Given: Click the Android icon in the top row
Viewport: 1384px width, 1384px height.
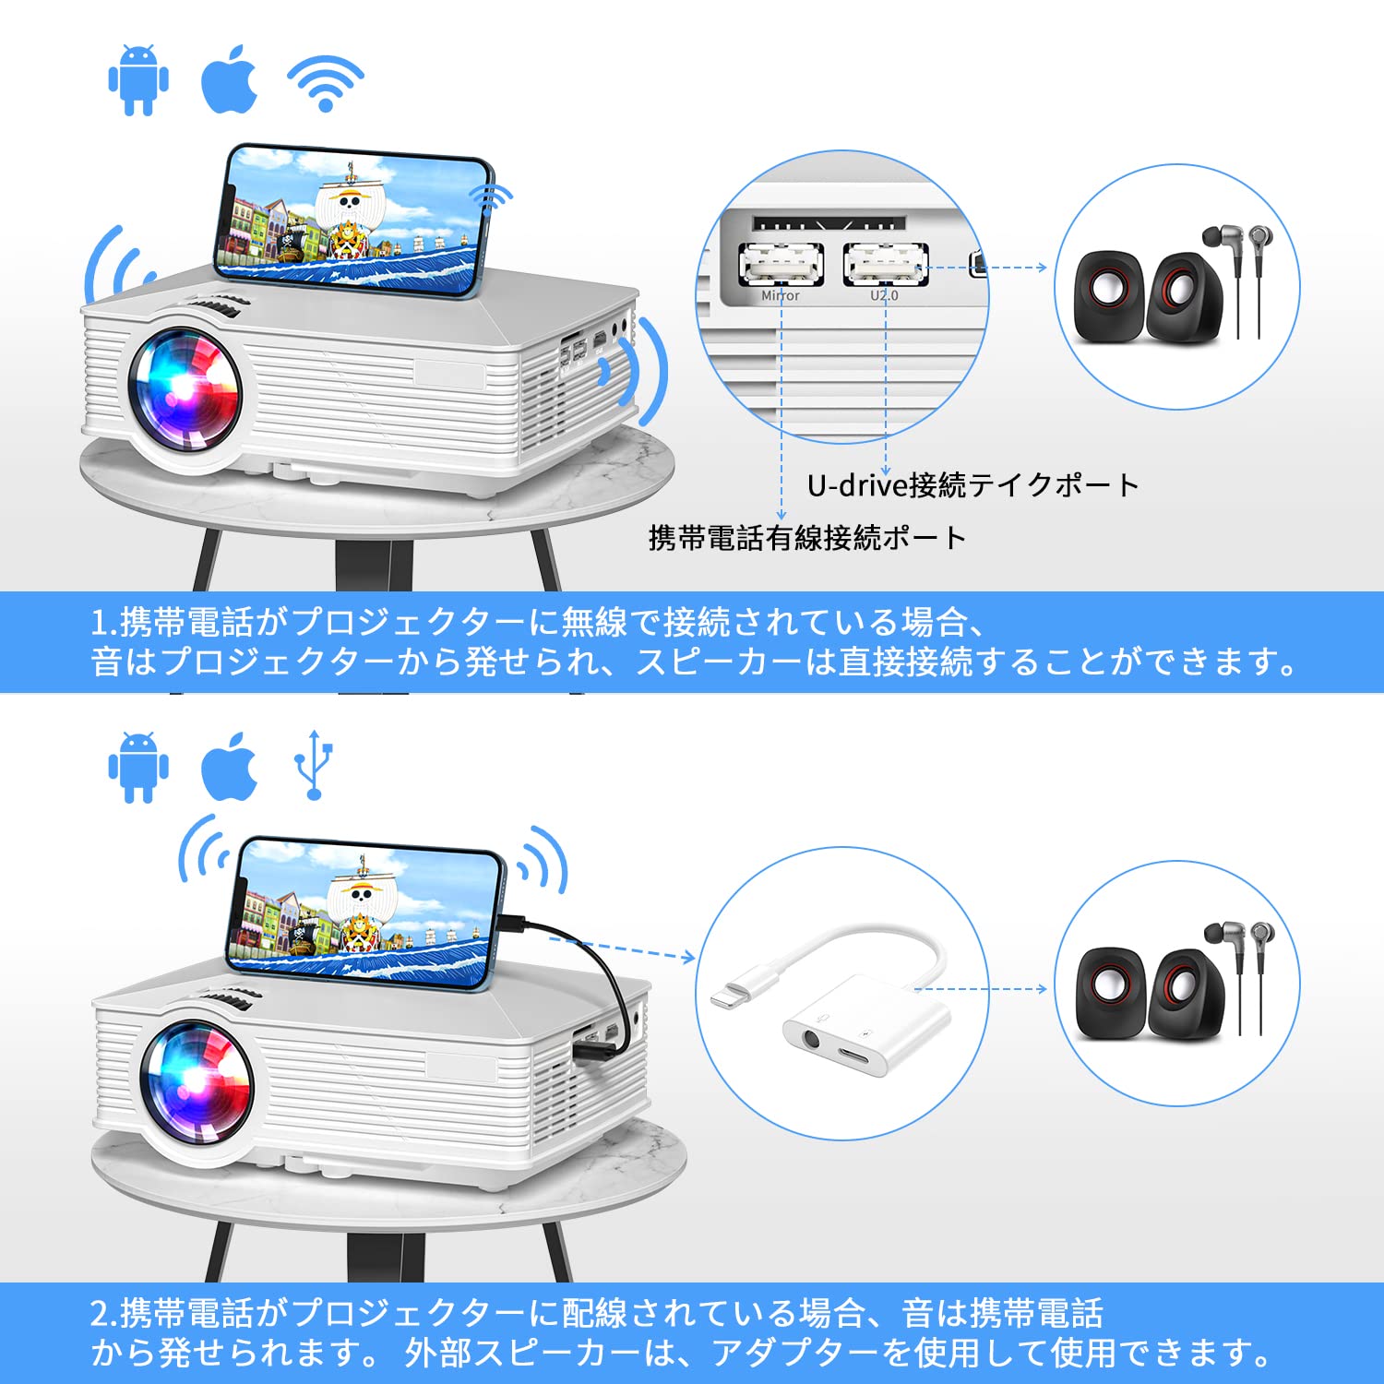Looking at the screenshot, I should click(x=138, y=80).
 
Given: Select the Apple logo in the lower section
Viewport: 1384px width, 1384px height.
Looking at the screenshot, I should click(x=229, y=768).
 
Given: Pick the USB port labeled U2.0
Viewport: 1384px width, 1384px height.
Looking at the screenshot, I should click(x=885, y=266).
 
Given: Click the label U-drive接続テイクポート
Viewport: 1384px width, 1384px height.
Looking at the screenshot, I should click(x=972, y=484).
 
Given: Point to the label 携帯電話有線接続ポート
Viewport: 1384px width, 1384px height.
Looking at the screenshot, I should click(x=806, y=537).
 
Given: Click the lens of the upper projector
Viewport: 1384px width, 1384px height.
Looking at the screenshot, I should click(x=185, y=389).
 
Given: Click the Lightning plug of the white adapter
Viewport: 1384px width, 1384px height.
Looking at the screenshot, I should click(x=734, y=991).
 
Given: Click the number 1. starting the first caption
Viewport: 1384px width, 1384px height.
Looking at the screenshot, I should click(x=103, y=623).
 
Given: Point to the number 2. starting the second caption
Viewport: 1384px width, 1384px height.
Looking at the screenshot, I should click(x=103, y=1313).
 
